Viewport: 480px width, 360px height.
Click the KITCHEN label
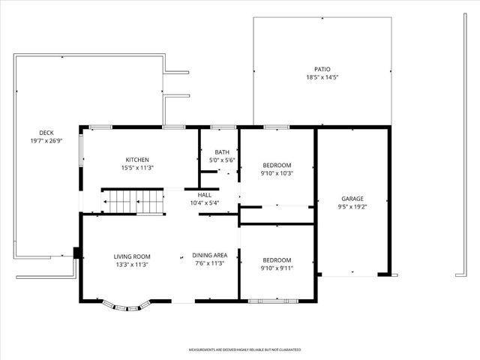(x=137, y=160)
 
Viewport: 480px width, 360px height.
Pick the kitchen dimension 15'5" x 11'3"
(x=137, y=168)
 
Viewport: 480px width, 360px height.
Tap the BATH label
(x=222, y=151)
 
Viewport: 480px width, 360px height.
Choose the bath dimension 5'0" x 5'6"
(x=222, y=160)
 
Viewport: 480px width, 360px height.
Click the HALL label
(x=205, y=194)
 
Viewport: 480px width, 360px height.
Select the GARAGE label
(x=352, y=199)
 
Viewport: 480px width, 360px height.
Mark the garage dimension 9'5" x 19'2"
(x=352, y=207)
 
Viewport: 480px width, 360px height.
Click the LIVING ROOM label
(x=132, y=256)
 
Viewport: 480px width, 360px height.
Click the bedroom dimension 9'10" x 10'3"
(x=277, y=173)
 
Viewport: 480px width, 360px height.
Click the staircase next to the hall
(x=133, y=202)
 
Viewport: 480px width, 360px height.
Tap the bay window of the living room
(x=127, y=306)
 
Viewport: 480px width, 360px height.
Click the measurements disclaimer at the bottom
(x=244, y=349)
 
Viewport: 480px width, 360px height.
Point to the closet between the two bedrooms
(x=277, y=214)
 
